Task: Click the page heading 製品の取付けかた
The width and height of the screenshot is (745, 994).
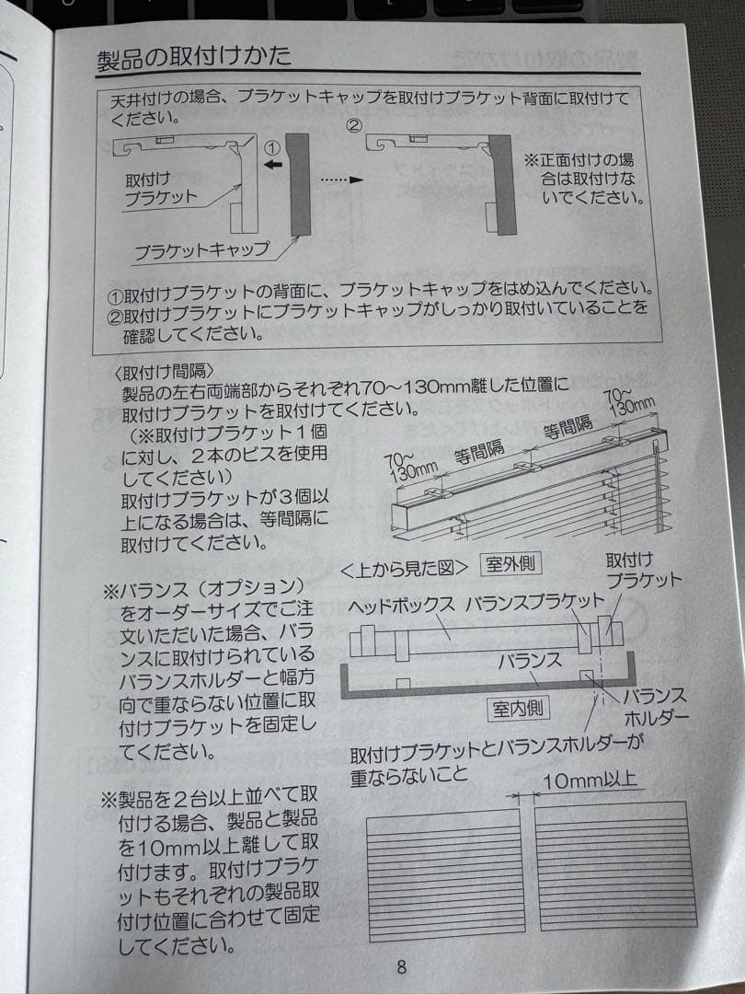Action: (x=194, y=57)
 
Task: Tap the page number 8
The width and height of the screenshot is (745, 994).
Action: (x=402, y=966)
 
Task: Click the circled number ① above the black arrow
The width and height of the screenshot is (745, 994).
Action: (x=271, y=148)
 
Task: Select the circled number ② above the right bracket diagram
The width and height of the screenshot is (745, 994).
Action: (x=354, y=125)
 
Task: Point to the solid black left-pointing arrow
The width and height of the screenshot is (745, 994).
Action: (x=273, y=165)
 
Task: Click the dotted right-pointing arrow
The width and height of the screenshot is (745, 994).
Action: (x=342, y=180)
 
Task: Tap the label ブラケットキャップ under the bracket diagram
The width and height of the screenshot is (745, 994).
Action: (x=201, y=250)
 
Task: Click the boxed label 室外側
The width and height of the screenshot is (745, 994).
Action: (x=510, y=563)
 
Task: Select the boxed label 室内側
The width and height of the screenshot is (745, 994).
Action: (x=518, y=709)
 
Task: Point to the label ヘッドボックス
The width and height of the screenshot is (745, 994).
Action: (x=402, y=606)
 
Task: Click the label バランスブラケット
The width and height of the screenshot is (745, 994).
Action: (x=535, y=602)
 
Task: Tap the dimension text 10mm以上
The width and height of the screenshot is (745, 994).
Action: (x=590, y=780)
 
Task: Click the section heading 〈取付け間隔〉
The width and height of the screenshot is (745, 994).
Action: (x=164, y=372)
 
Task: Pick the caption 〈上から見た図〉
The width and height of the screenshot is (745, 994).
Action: (x=404, y=568)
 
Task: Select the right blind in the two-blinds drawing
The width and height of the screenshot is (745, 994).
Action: (x=615, y=866)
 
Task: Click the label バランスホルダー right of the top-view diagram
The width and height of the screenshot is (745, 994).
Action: (x=656, y=707)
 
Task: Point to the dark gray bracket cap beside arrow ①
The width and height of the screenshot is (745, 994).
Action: (x=298, y=184)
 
